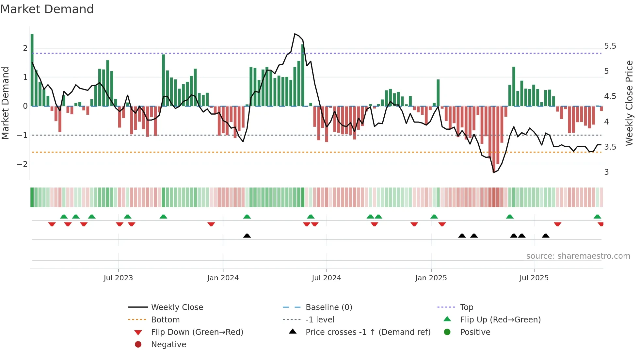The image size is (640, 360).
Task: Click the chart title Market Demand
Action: [47, 9]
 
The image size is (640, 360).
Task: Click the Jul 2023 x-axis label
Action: [118, 278]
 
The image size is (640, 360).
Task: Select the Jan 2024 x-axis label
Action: [223, 278]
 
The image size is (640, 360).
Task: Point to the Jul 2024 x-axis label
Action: [327, 278]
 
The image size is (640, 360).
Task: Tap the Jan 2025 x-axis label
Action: [431, 278]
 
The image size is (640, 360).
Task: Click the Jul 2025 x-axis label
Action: [534, 278]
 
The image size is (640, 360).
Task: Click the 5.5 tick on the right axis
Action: [610, 46]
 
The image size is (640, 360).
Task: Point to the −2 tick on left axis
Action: [22, 164]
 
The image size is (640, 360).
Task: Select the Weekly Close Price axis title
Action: [629, 103]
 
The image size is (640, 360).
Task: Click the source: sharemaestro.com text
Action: [578, 256]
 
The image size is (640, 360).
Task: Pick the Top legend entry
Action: [467, 307]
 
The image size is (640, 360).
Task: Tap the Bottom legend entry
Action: [165, 320]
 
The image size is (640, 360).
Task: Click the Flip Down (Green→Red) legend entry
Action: [197, 332]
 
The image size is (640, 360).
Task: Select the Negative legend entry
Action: [168, 345]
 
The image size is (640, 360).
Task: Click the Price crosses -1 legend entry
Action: [368, 332]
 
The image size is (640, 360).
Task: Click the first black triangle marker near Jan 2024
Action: [247, 236]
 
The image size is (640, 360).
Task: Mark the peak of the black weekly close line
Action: [295, 34]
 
